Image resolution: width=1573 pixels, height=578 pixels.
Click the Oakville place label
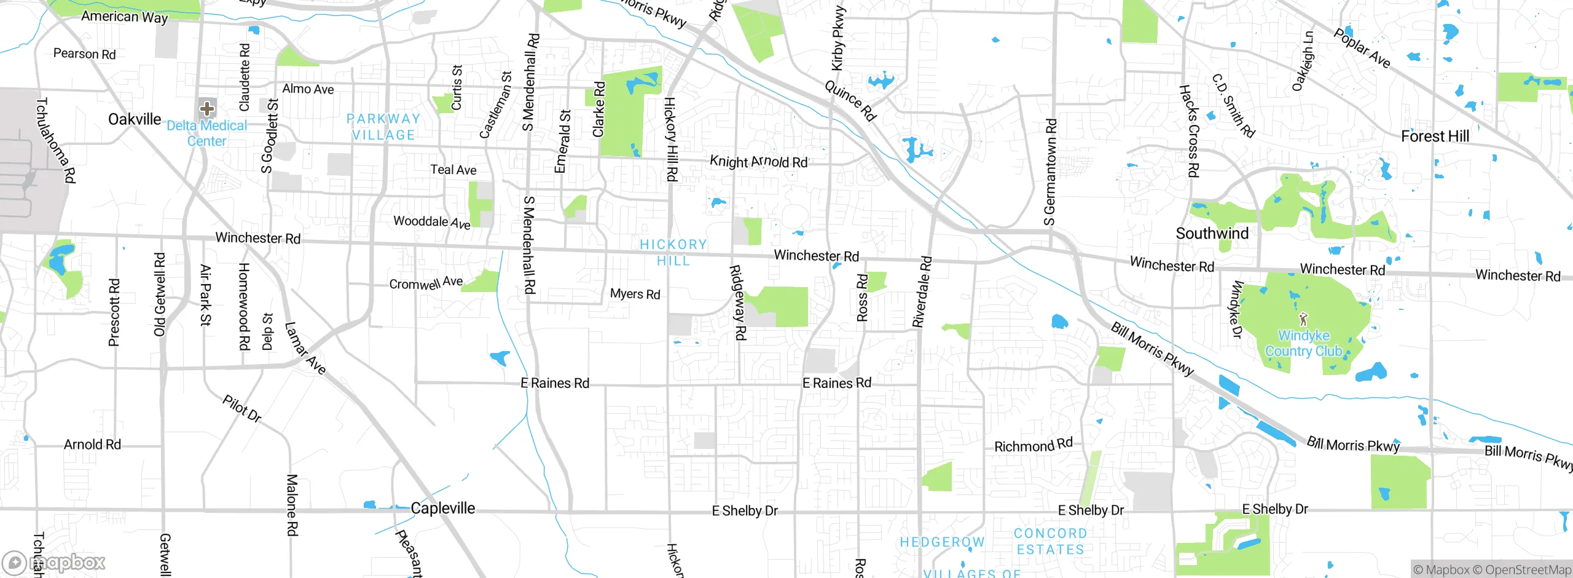pyautogui.click(x=135, y=119)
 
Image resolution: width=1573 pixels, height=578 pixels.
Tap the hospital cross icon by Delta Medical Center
pyautogui.click(x=207, y=109)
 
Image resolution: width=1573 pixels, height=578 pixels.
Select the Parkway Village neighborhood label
pyautogui.click(x=383, y=127)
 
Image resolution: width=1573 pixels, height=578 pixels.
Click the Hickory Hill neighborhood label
pyautogui.click(x=673, y=253)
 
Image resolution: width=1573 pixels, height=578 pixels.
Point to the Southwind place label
pyautogui.click(x=1212, y=234)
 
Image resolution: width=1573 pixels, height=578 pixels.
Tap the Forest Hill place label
pyautogui.click(x=1435, y=137)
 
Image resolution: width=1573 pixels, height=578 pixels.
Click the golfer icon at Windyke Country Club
pyautogui.click(x=1303, y=319)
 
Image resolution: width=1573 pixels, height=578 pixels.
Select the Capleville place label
pyautogui.click(x=442, y=509)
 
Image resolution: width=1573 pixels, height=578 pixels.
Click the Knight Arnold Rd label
pyautogui.click(x=758, y=162)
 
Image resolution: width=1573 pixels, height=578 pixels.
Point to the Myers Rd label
pyautogui.click(x=635, y=294)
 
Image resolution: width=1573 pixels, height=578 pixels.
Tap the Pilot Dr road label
pyautogui.click(x=242, y=409)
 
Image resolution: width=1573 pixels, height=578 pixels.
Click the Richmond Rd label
pyautogui.click(x=1033, y=445)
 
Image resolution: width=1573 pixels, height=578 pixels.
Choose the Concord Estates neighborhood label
pyautogui.click(x=1050, y=542)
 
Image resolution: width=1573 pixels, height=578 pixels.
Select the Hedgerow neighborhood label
pyautogui.click(x=942, y=542)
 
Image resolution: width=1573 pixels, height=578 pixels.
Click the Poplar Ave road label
pyautogui.click(x=1361, y=48)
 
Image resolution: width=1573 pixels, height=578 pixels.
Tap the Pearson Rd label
pyautogui.click(x=84, y=54)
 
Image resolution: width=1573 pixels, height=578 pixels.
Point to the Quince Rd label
pyautogui.click(x=850, y=101)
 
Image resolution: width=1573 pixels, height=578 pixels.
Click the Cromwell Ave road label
pyautogui.click(x=426, y=283)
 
